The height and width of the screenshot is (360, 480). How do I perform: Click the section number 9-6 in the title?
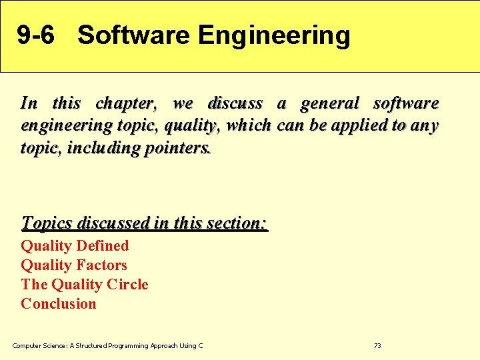tap(36, 35)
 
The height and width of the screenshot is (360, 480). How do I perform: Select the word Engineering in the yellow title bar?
tap(273, 36)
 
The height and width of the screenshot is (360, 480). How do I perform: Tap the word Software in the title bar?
tap(133, 35)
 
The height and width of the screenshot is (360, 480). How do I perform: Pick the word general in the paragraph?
tap(329, 104)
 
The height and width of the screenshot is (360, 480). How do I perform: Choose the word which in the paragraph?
tap(249, 125)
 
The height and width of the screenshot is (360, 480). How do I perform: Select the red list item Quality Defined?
tap(75, 246)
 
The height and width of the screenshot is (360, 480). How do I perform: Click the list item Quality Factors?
tap(74, 265)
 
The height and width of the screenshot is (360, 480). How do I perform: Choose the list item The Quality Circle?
tap(85, 285)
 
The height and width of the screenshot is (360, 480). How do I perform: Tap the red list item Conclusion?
tap(59, 304)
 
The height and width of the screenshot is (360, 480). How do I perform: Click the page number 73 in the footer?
tap(377, 346)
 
